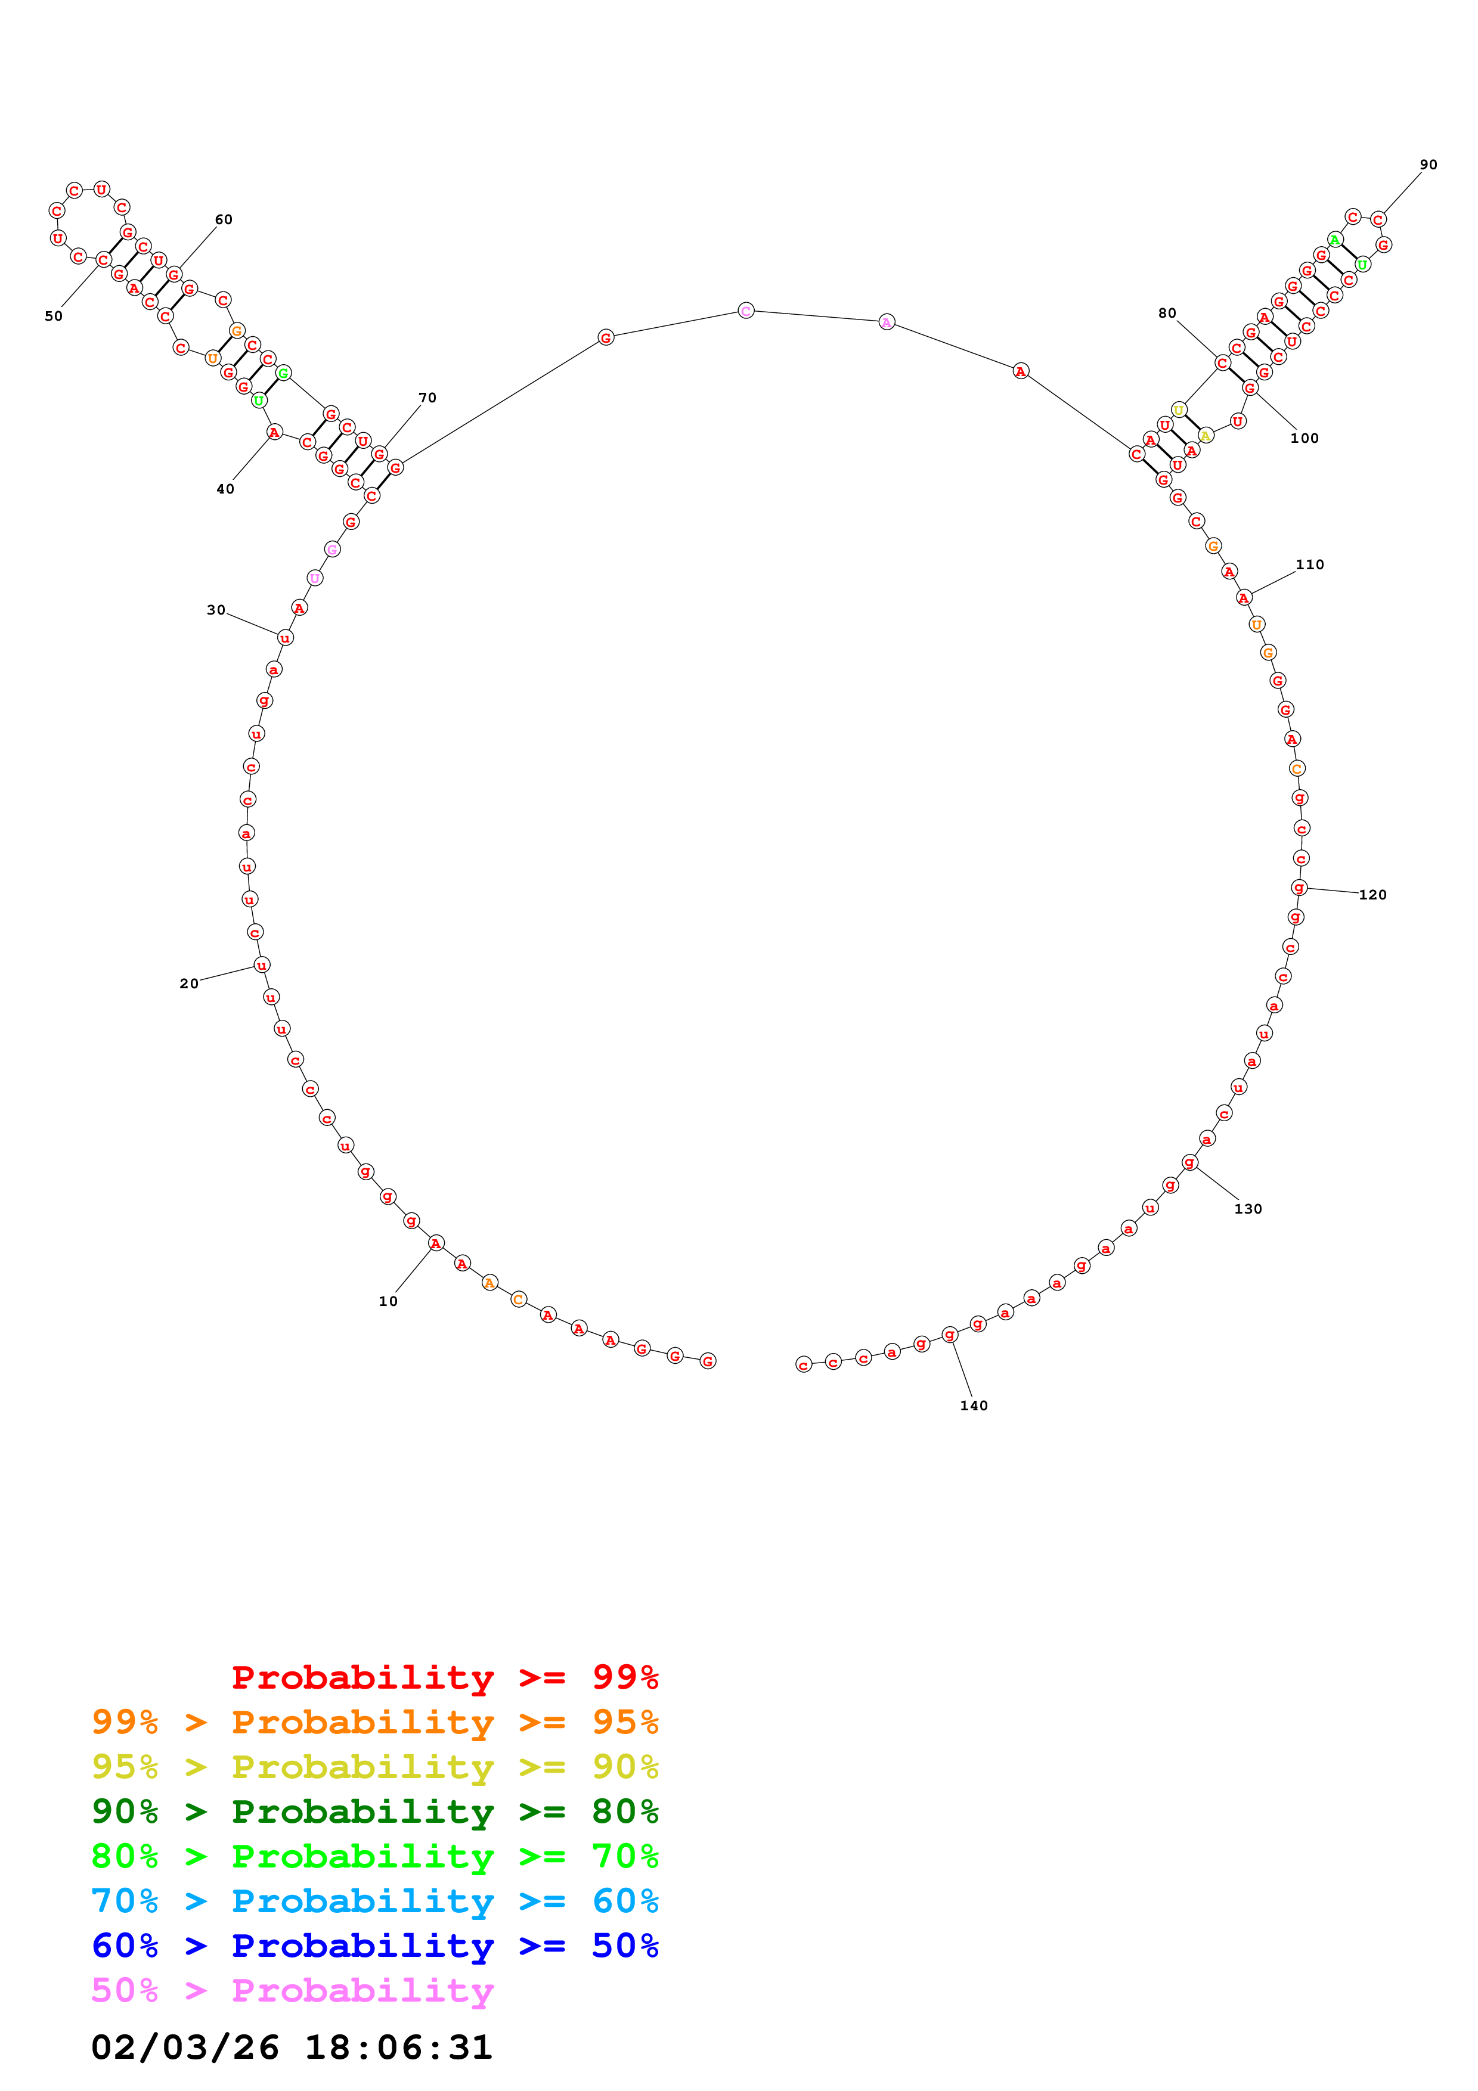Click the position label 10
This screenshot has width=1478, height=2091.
point(388,1301)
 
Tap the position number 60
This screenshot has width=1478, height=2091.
point(223,219)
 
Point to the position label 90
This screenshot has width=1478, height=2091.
point(1428,165)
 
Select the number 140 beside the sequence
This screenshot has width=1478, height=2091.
point(974,1406)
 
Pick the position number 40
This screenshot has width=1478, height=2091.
point(225,489)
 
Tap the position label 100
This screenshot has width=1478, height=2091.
point(1304,438)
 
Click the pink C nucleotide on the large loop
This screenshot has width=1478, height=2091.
point(746,311)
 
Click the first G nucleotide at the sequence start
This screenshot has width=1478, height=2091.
point(708,1361)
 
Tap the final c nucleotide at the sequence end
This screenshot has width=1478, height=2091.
point(803,1364)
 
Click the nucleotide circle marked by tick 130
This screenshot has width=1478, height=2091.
point(1189,1162)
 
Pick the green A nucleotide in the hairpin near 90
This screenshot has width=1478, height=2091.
point(1334,240)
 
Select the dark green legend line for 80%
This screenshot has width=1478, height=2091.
point(374,1811)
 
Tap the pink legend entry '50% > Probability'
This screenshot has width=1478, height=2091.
point(292,1990)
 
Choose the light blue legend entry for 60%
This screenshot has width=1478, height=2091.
point(374,1901)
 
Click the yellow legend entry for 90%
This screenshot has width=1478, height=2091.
point(374,1767)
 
